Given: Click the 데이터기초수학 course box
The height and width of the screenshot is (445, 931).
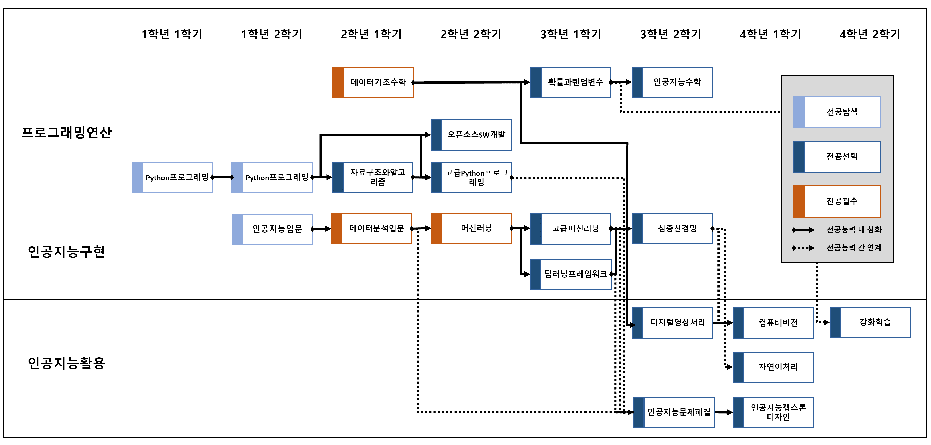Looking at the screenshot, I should pos(373,82).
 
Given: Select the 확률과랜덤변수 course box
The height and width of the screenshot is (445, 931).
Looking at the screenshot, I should pos(570,82).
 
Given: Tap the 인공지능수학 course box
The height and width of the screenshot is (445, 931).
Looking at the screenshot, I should pos(672,82).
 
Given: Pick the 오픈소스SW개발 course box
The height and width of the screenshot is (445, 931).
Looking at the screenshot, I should pos(471,135).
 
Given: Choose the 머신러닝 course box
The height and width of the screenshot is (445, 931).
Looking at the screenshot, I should pos(471,228).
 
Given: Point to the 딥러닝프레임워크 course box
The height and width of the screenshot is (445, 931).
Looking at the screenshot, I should pos(570,274).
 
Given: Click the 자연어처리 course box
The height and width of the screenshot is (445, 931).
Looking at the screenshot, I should pos(773,367).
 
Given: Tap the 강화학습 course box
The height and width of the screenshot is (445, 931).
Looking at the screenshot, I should pos(870,322).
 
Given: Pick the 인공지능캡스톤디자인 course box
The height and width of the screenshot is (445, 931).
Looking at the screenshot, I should pos(773,412).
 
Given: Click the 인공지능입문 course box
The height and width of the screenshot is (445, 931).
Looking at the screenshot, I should pos(272,229).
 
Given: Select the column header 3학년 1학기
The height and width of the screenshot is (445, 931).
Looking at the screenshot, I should pos(570,34).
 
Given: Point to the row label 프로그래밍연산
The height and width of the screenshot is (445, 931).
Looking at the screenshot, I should pos(66,132).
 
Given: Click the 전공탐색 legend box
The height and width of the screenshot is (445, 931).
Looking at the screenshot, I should pos(836,112).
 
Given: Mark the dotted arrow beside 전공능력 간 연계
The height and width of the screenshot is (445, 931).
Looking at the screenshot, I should pos(803,248).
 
